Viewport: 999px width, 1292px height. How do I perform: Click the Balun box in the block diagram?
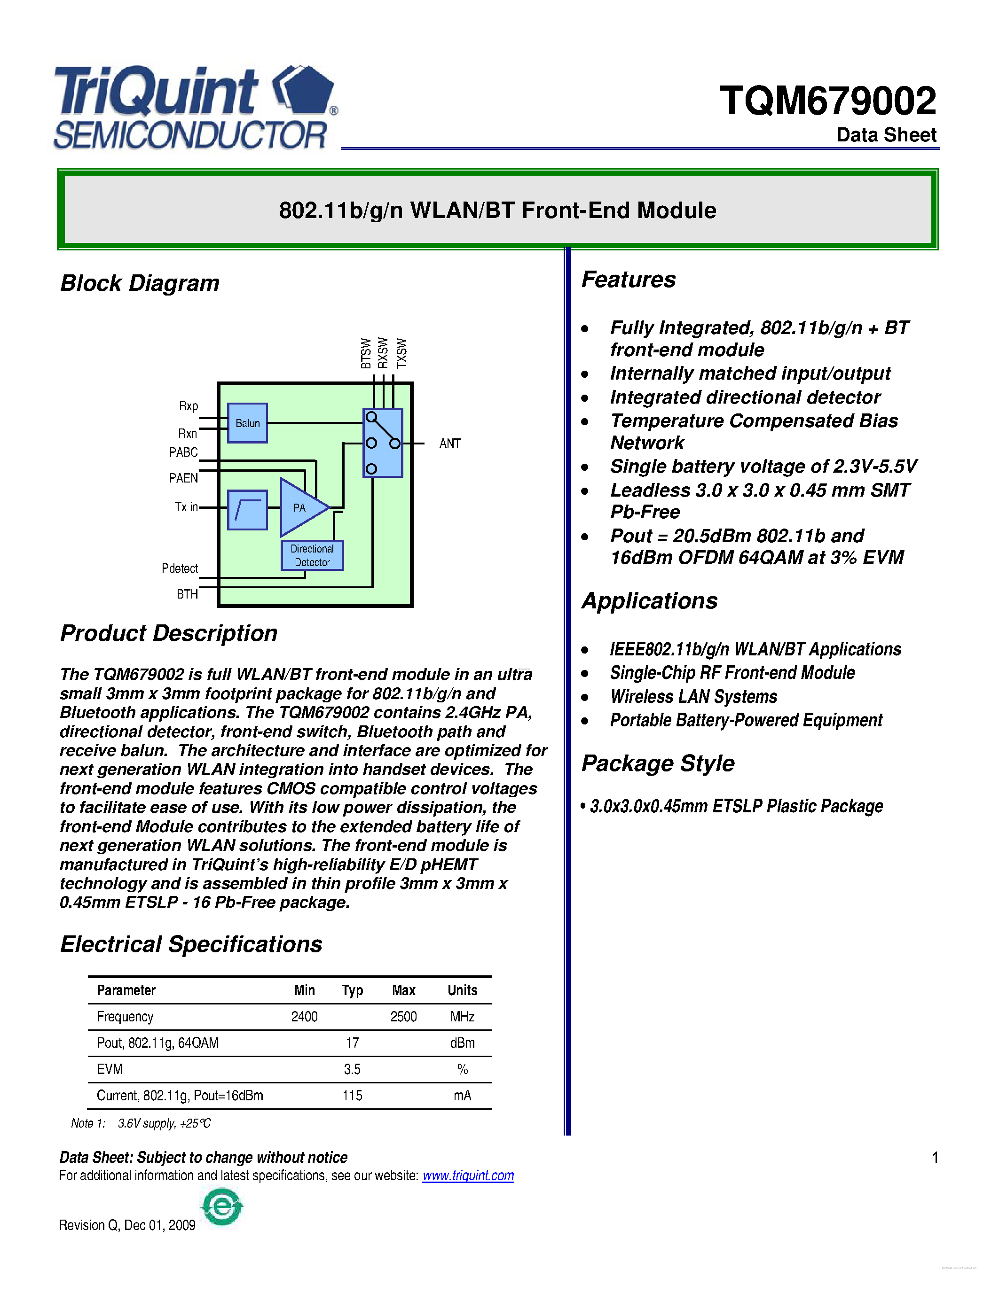(247, 423)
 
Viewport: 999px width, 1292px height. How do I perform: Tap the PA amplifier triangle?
(301, 507)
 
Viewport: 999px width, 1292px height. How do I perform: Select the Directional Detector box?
(312, 555)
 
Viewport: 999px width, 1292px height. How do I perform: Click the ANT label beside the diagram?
(450, 443)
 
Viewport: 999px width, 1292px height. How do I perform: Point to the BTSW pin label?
(366, 353)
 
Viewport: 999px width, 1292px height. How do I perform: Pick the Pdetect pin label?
(180, 568)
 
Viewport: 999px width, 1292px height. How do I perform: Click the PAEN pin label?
(183, 478)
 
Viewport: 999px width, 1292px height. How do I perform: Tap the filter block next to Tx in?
(247, 509)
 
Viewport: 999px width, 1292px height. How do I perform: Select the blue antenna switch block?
(382, 443)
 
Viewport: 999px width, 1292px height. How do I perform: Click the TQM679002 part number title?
(827, 101)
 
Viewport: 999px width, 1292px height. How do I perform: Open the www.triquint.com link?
(468, 1175)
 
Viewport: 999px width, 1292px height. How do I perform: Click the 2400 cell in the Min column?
(304, 1016)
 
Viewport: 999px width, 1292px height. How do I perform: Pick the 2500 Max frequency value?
(404, 1016)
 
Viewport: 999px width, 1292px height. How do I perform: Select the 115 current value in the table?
(352, 1096)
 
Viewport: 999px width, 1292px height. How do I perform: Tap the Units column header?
(462, 990)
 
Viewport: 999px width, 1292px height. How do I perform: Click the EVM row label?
(110, 1069)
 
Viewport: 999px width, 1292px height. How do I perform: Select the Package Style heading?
(658, 763)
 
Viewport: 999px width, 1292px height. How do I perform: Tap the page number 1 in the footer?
(935, 1158)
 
